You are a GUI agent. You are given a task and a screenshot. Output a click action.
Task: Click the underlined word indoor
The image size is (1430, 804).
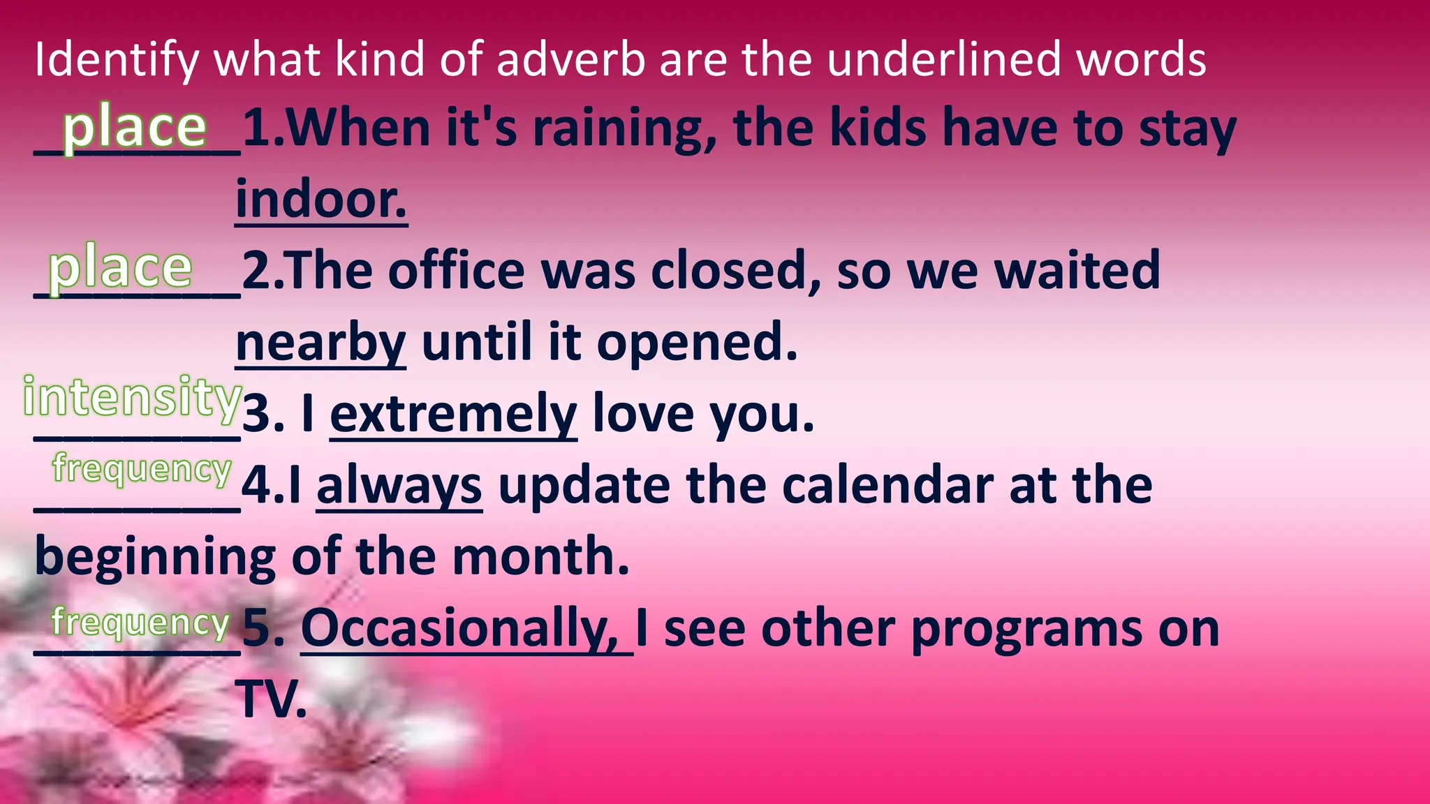(320, 200)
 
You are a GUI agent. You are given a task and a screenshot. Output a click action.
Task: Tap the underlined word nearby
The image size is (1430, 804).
(320, 343)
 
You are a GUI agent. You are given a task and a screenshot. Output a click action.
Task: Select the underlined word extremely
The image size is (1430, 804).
(453, 414)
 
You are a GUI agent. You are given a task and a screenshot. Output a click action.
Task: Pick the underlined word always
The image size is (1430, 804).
(399, 486)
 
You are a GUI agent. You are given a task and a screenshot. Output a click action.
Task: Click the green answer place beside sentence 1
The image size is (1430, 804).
(135, 127)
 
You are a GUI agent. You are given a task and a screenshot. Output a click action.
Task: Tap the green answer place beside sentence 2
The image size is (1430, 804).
(120, 267)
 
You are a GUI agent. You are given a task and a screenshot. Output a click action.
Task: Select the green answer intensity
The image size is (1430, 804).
(132, 397)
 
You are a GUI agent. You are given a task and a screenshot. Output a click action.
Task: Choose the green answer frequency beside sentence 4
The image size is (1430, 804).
(142, 469)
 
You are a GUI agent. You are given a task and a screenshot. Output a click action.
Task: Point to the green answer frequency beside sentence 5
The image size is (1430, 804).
(140, 623)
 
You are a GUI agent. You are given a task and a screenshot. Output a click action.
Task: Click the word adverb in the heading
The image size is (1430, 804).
(570, 59)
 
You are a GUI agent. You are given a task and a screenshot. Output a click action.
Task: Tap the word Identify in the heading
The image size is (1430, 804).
(117, 61)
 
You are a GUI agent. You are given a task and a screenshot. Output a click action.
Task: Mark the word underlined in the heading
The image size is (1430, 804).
(945, 59)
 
